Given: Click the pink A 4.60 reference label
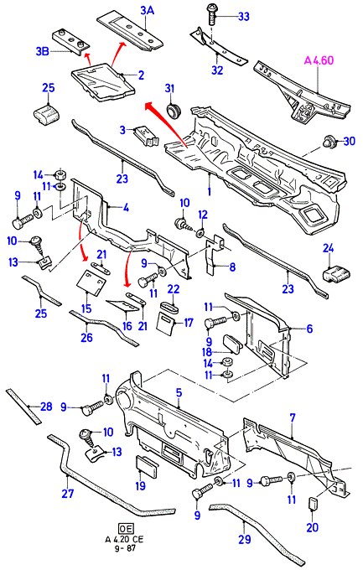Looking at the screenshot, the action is (x=319, y=60).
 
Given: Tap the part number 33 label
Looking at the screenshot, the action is (x=244, y=17).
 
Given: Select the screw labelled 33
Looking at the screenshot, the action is (x=212, y=14).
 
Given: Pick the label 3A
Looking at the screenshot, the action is (x=148, y=11).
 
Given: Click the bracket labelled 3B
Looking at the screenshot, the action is (x=71, y=41).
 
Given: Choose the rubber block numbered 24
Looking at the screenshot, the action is (x=336, y=274).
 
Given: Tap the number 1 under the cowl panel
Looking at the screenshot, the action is (x=209, y=190).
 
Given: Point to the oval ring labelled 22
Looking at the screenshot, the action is (x=170, y=307).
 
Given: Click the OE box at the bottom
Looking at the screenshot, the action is (x=126, y=529).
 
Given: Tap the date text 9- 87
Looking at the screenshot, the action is (x=125, y=548).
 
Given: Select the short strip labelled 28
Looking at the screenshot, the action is (x=23, y=407).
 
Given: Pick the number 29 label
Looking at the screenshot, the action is (x=245, y=539).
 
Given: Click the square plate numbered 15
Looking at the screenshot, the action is (x=91, y=282).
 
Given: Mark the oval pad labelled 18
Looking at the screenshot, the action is (x=234, y=344).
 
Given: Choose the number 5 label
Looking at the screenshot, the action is (x=179, y=392).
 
